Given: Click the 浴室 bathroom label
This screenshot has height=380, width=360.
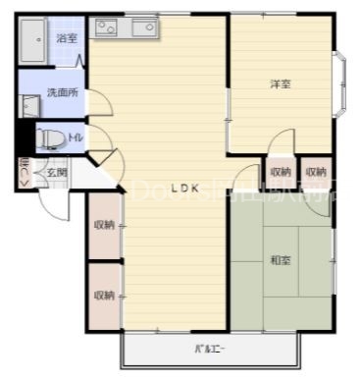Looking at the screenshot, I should [67, 38].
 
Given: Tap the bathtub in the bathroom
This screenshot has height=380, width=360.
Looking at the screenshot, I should [34, 43].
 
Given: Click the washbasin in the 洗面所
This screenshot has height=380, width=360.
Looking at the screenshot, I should [29, 105].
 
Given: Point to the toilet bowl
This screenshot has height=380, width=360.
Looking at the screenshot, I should [49, 139].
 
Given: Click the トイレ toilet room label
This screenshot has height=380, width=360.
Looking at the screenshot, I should [76, 138].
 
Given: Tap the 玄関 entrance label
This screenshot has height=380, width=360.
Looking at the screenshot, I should [55, 173].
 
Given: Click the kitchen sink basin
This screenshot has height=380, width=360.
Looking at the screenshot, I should [143, 27].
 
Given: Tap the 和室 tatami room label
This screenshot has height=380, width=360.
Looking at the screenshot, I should [280, 260].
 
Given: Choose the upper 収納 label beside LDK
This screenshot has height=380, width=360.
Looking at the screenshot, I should [104, 225].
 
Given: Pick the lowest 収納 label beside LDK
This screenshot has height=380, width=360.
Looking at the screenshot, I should [104, 295].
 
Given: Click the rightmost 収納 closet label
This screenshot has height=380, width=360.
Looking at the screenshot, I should [315, 172].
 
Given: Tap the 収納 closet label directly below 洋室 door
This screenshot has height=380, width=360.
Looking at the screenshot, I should [280, 172].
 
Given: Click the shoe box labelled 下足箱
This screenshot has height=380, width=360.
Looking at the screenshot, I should [25, 173].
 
